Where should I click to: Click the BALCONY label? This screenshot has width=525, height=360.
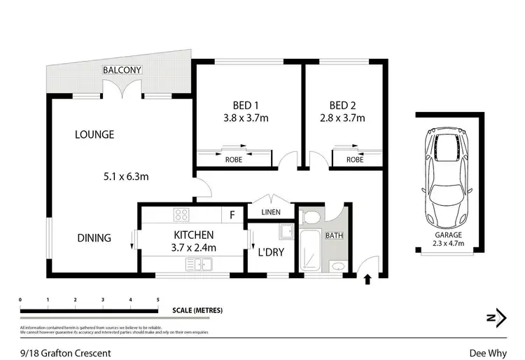122,70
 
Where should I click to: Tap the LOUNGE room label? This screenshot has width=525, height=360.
94,134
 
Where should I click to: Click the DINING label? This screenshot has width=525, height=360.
94,238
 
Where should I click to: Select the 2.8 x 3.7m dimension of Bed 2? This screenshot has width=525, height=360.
342,118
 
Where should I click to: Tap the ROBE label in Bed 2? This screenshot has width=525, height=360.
355,159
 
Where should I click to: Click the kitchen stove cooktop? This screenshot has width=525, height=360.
183,215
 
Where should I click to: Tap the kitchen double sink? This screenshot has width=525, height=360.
197,264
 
